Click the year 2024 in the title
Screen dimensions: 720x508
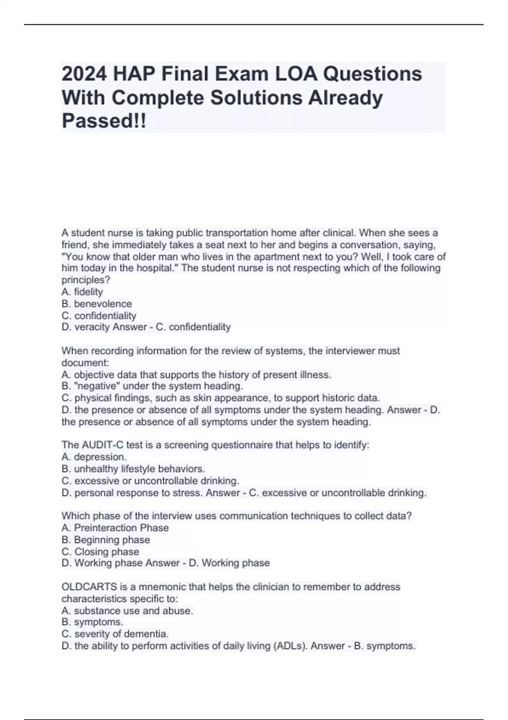(x=84, y=74)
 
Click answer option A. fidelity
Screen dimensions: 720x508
(x=82, y=292)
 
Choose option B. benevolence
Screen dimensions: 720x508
(x=97, y=304)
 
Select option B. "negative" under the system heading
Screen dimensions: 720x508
(x=152, y=386)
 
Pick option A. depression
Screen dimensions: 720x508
(x=94, y=457)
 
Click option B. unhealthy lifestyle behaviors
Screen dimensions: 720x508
(x=133, y=469)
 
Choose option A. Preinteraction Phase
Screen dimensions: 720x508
(x=115, y=528)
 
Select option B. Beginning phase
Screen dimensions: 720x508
(x=106, y=540)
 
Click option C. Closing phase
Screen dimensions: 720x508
(x=100, y=551)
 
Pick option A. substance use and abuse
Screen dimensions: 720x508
(x=127, y=611)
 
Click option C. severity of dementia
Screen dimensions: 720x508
(x=115, y=634)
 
